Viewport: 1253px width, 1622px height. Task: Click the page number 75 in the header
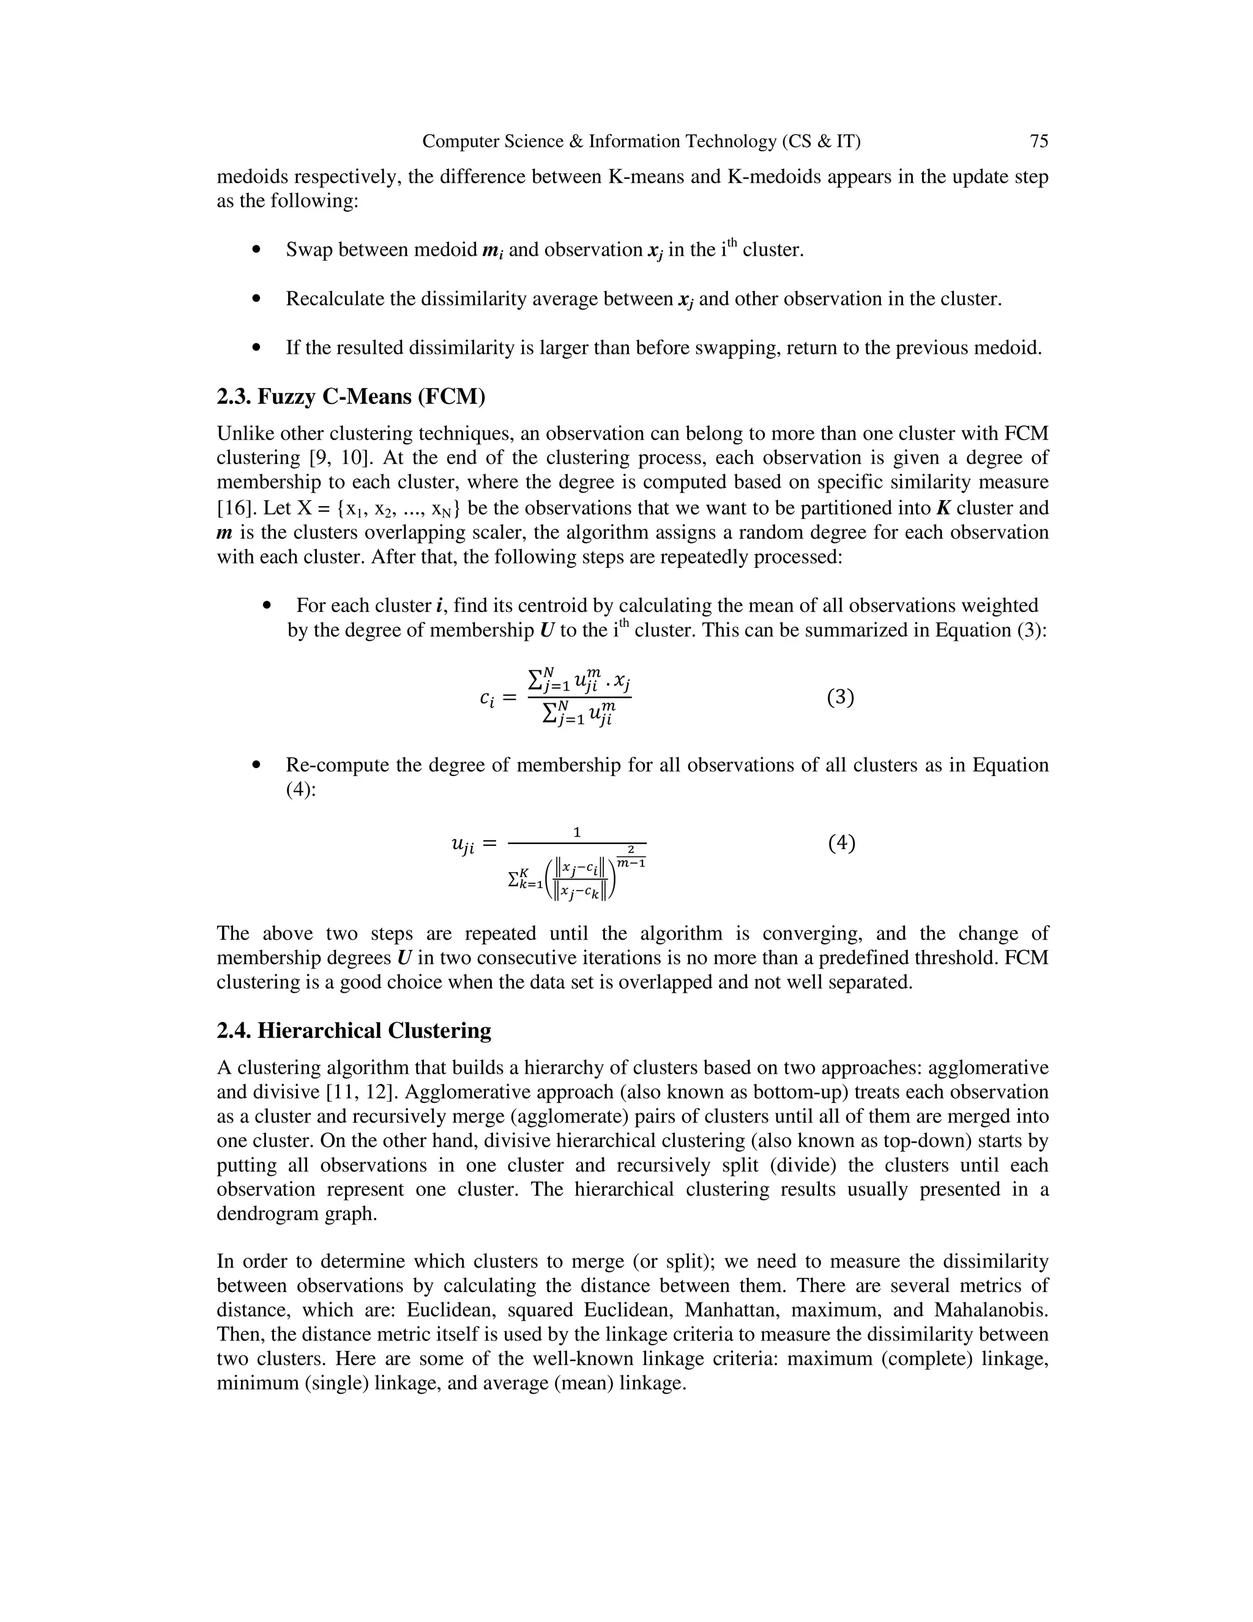(x=1038, y=141)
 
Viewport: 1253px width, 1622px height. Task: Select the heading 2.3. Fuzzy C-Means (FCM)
(x=351, y=397)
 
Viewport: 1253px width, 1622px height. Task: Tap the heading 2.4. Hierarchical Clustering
(x=354, y=1031)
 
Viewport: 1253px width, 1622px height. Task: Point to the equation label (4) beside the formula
(x=841, y=843)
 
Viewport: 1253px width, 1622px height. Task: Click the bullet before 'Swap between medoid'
(x=257, y=250)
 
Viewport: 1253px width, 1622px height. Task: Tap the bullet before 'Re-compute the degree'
(x=257, y=765)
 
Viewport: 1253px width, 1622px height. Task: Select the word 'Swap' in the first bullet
(x=310, y=250)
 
